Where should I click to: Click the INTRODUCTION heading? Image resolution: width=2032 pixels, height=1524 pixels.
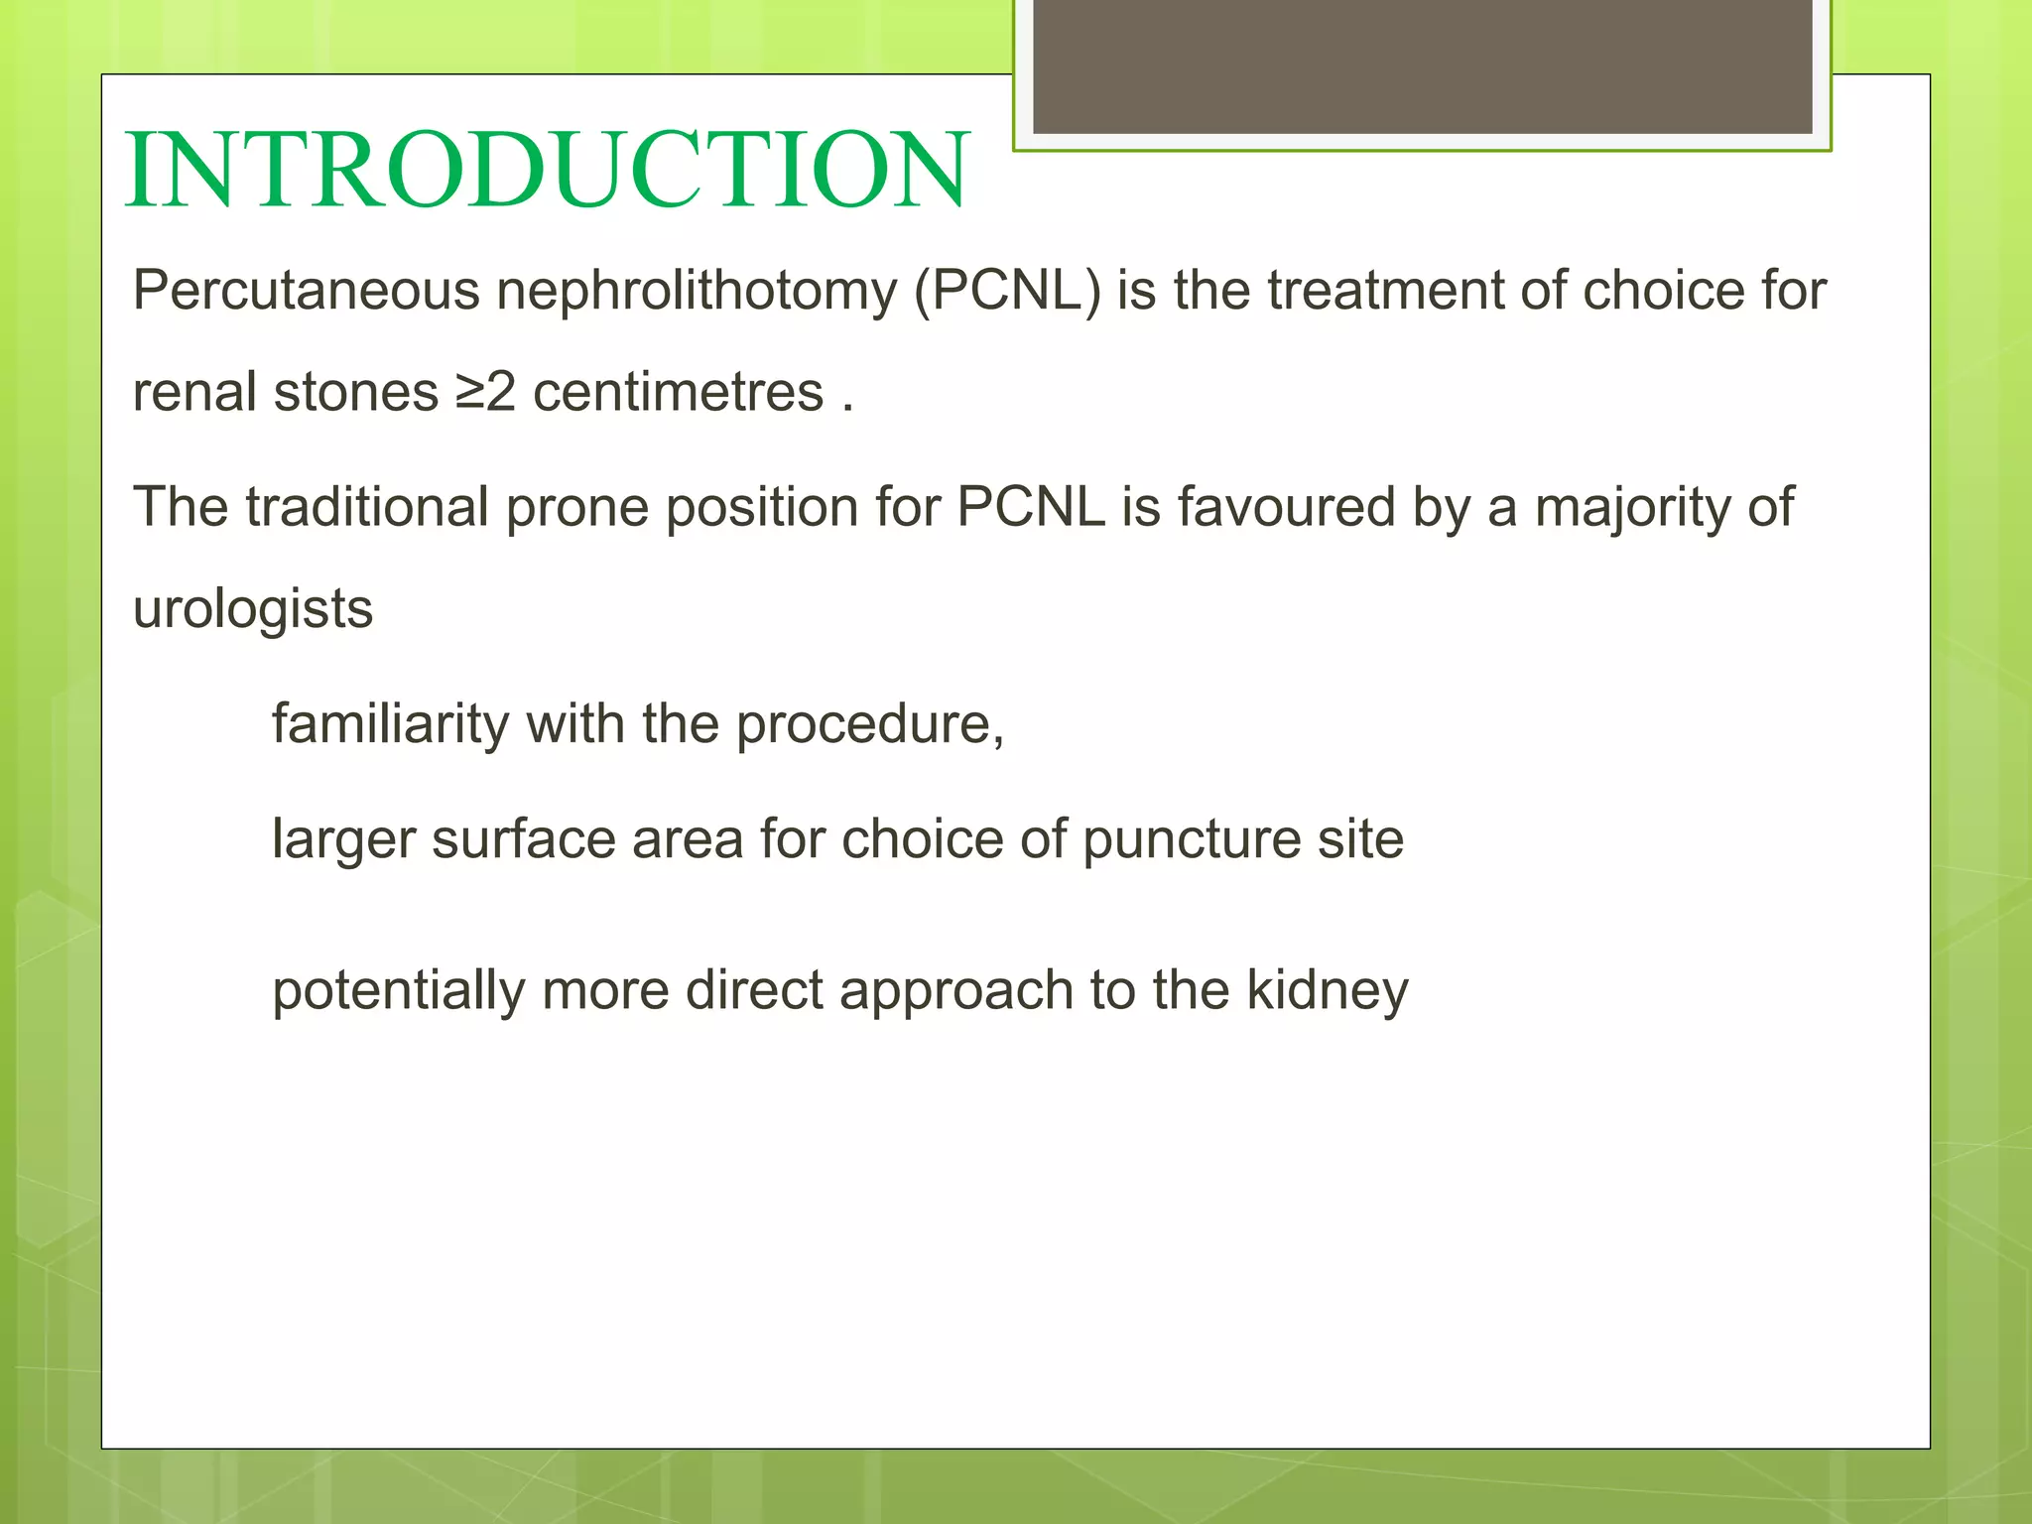click(x=547, y=171)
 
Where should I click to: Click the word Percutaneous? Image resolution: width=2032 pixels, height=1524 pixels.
click(x=306, y=291)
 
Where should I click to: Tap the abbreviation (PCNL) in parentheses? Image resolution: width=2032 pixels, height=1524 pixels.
click(x=1007, y=292)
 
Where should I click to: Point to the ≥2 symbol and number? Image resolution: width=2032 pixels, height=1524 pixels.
click(x=486, y=392)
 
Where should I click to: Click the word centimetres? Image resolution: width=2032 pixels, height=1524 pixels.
click(x=678, y=392)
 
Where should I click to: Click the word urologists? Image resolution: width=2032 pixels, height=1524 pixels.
click(x=253, y=609)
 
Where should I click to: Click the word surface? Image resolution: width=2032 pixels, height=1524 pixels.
click(x=523, y=840)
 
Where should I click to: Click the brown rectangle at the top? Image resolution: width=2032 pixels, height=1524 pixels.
click(x=1422, y=65)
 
